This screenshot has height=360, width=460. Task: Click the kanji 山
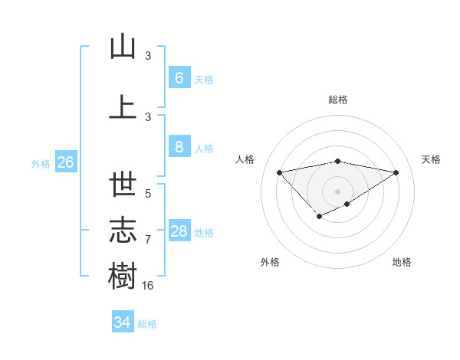pos(123,47)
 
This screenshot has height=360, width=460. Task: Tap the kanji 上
pos(123,106)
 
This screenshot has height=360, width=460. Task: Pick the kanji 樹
pos(123,275)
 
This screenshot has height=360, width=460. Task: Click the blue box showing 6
pos(179,78)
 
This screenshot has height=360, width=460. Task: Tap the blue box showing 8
pos(179,147)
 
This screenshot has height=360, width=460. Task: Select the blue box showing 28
pos(179,231)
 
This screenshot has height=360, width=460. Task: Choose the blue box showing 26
pos(65,162)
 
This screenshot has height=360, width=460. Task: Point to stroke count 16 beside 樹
pos(149,285)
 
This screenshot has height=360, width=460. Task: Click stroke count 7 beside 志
pos(148,240)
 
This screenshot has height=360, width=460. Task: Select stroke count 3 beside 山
pos(148,56)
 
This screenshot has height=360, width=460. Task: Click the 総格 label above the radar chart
pos(337,100)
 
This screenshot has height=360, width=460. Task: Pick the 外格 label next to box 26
pos(41,163)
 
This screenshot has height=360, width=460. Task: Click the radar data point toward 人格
pos(279,172)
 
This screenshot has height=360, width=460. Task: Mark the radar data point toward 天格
pos(396,172)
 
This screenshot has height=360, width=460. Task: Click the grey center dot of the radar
pos(337,191)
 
